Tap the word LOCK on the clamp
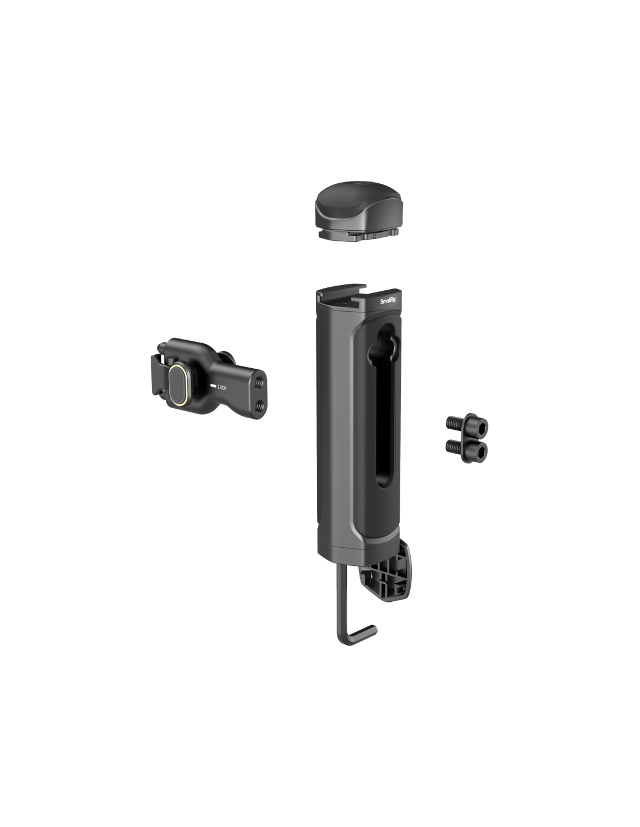pyautogui.click(x=222, y=388)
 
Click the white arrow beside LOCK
pyautogui.click(x=212, y=386)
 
